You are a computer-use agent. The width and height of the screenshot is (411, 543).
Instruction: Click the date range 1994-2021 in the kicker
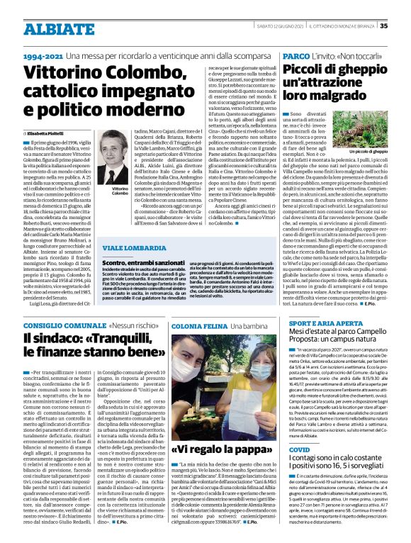[x=45, y=55]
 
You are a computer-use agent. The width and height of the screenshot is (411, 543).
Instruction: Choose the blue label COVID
[x=300, y=449]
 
